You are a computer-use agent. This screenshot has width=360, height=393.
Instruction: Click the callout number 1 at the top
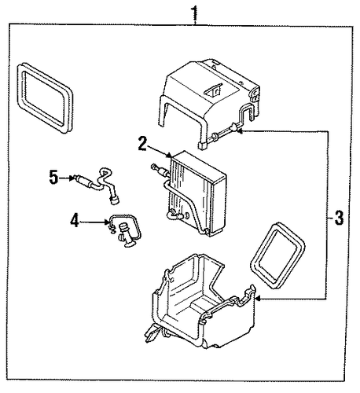tap(194, 13)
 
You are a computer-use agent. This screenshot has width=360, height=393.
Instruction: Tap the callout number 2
tap(142, 144)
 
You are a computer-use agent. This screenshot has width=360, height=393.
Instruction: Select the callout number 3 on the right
tap(339, 218)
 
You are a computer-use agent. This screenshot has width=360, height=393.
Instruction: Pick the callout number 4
tap(75, 220)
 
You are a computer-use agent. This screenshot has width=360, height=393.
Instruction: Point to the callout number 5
tap(53, 178)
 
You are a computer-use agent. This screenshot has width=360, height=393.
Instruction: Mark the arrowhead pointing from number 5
tap(72, 178)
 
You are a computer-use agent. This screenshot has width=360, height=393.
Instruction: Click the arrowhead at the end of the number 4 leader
tap(107, 222)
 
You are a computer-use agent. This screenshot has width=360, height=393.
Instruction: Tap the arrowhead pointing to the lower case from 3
tap(258, 299)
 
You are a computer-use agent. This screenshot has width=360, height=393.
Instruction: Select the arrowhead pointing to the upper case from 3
tap(240, 130)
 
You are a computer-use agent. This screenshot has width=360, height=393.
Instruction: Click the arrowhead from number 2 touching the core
tap(169, 156)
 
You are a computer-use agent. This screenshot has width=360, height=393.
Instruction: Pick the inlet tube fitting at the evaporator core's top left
tap(159, 170)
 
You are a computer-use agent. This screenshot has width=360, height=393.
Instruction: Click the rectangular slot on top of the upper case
tap(213, 90)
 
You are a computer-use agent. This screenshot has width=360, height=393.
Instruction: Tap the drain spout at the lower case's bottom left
tap(152, 332)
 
